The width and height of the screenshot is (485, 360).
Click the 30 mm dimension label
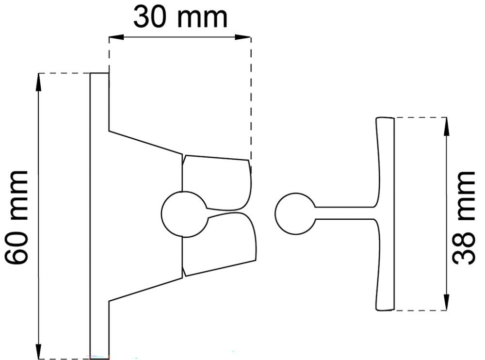point(180,17)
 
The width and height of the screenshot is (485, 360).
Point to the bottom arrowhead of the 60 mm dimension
point(38,352)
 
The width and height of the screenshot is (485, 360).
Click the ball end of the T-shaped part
point(293,213)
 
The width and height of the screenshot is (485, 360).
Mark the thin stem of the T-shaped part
point(344,213)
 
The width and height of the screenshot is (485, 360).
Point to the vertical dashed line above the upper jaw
point(251,97)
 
